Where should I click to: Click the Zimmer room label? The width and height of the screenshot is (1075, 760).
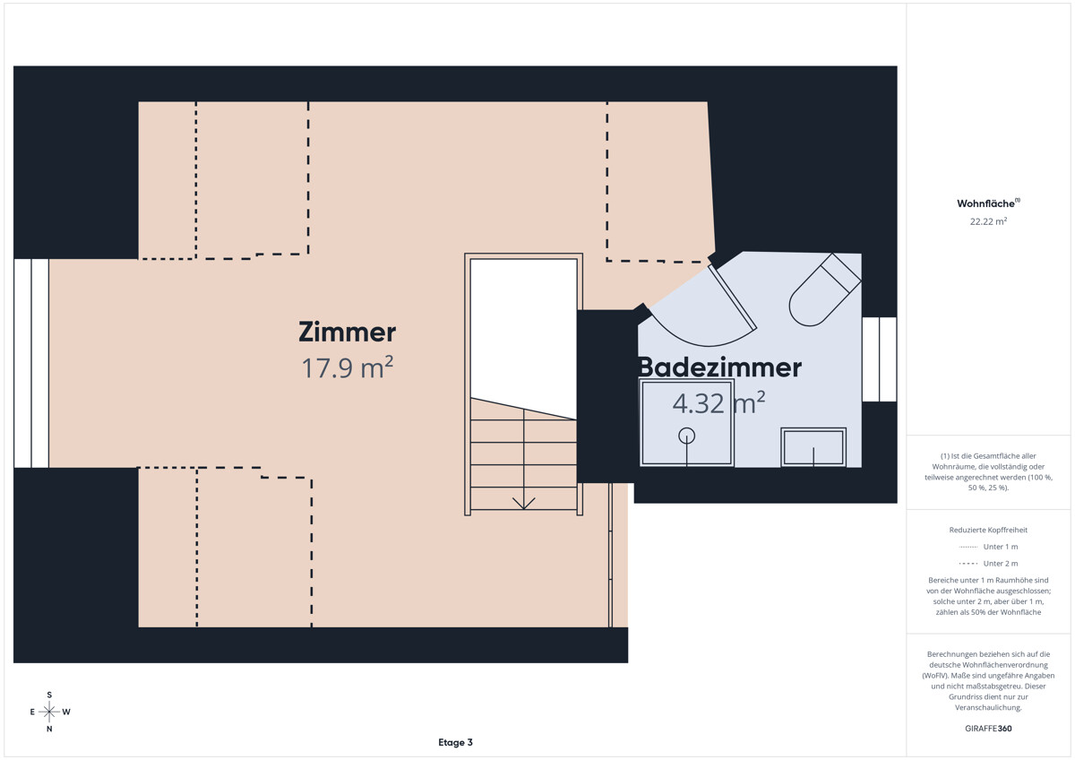[x=347, y=332]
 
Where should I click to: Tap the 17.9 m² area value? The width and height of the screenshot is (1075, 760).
[x=348, y=367]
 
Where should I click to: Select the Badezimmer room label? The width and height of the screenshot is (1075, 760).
[x=720, y=367]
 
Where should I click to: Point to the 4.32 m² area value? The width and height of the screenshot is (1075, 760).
[x=718, y=402]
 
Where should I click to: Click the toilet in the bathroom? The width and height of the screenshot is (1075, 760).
[x=824, y=290]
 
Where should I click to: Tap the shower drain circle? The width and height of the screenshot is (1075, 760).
[x=687, y=436]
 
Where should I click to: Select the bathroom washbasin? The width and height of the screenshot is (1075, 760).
[x=813, y=447]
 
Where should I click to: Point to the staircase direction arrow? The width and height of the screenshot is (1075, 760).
[x=523, y=503]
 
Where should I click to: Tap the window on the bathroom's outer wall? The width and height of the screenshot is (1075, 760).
[x=879, y=359]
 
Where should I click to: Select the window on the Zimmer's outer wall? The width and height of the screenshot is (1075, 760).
[x=31, y=363]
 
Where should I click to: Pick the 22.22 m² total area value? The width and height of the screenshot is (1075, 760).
[x=988, y=221]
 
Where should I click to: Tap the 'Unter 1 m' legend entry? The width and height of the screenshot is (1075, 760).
[x=988, y=547]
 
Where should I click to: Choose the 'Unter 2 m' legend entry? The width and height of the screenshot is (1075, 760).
[x=988, y=564]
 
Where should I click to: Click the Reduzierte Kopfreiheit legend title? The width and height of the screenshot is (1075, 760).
[x=988, y=530]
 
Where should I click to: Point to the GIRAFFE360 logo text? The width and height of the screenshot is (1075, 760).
[x=988, y=729]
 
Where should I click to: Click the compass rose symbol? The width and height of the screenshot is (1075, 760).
[x=49, y=712]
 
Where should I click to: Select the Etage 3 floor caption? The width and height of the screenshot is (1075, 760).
[x=455, y=742]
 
